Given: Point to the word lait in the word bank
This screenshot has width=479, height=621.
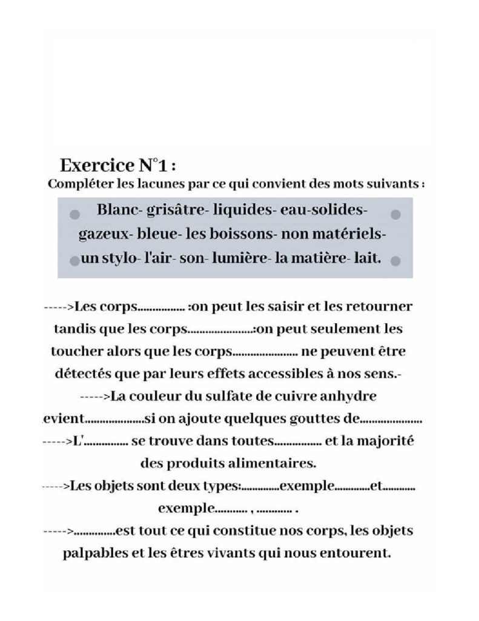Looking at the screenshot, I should coord(369,258).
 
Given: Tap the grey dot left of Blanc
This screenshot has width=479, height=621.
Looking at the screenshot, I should coord(75,215).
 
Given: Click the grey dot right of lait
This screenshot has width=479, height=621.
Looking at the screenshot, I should coord(396,261).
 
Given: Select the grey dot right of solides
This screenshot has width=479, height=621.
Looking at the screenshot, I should coord(396,215).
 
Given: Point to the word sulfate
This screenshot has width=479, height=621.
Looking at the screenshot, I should coord(208,397).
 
